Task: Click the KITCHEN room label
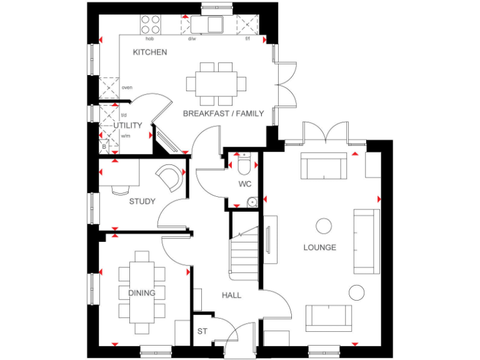(150, 52)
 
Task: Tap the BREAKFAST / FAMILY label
(223, 114)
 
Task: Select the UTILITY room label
(127, 126)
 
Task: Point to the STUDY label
(142, 201)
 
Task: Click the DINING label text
(142, 292)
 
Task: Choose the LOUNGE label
(320, 247)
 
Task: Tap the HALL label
(231, 295)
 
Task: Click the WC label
(244, 184)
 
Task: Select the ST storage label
(202, 331)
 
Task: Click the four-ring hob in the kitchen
(150, 24)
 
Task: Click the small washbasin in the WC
(251, 201)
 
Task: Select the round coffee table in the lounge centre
(324, 225)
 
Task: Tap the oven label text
(127, 87)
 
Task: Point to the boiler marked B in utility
(104, 147)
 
